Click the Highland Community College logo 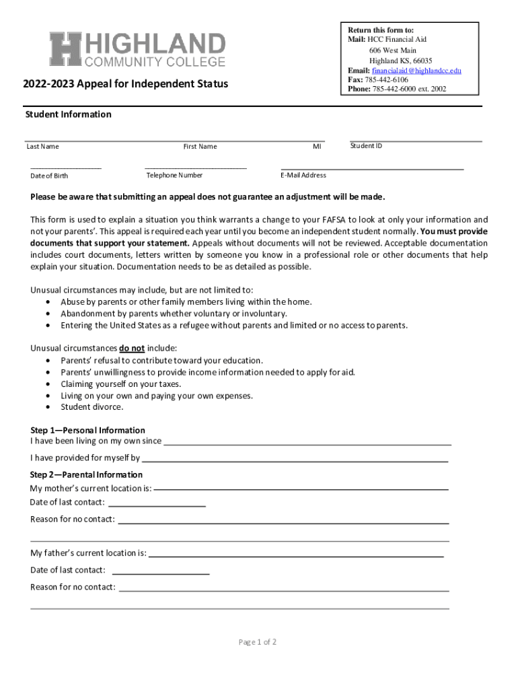(137, 50)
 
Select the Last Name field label (42, 147)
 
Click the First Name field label (200, 147)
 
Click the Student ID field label (366, 145)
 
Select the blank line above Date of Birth (65, 168)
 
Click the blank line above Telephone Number (195, 168)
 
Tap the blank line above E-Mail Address (372, 168)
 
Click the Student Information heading (68, 114)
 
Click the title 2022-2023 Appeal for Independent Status (125, 84)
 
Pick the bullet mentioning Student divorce (91, 407)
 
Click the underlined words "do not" (132, 349)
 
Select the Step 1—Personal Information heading (87, 430)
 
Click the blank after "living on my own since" (307, 443)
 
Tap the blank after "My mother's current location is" (301, 488)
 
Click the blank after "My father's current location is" (295, 554)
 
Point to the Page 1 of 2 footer (258, 642)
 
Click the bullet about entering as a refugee (233, 326)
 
